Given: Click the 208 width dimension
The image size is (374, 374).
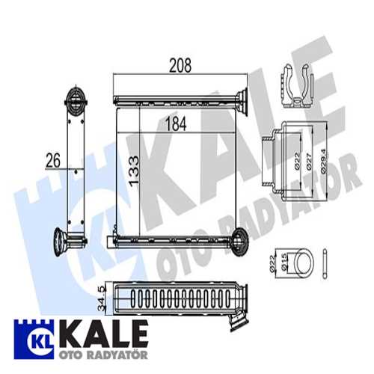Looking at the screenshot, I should coord(180,66).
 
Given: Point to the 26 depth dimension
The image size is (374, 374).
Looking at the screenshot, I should coord(53,159).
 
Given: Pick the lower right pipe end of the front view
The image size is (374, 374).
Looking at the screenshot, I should coord(241,240).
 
